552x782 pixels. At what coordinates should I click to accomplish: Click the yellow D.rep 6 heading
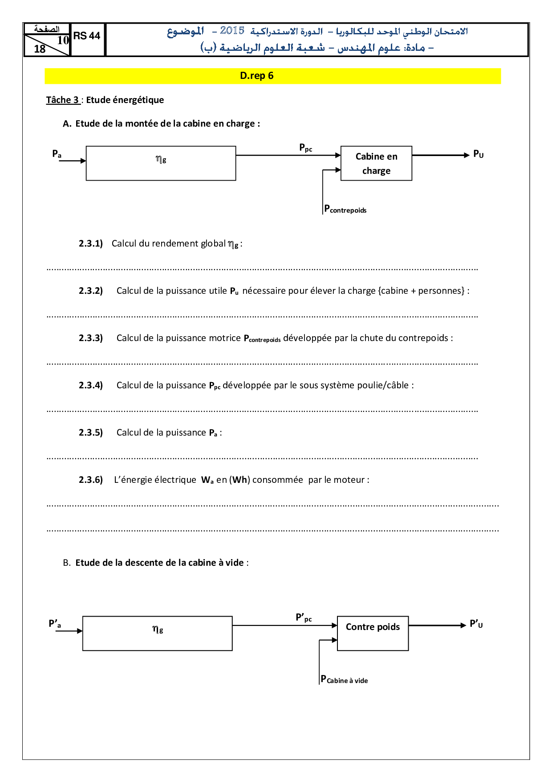point(256,76)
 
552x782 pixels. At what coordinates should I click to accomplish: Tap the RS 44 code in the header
point(87,36)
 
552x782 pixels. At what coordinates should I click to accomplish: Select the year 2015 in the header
point(232,31)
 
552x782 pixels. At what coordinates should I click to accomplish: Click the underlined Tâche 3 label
point(63,100)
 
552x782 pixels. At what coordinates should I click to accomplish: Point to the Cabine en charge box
point(376,163)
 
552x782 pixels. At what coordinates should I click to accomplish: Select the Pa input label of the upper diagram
point(57,154)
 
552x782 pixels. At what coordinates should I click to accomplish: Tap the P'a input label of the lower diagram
point(55,624)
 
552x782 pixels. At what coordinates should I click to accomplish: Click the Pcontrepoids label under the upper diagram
point(345,209)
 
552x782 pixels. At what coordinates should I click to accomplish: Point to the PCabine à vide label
point(345,679)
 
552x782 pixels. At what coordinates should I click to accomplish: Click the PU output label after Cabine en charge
point(478,154)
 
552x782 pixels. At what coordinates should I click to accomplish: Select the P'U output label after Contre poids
point(476,624)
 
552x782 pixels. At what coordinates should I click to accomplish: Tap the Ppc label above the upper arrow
point(305,148)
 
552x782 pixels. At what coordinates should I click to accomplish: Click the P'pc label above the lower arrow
point(304,618)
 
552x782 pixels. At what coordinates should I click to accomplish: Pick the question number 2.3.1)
point(91,243)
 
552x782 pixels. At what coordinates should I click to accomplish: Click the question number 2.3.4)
point(91,385)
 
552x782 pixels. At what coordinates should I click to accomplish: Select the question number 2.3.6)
point(91,480)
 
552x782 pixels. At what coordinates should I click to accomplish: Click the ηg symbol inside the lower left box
point(158,629)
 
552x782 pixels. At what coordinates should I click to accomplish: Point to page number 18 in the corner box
point(40,49)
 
